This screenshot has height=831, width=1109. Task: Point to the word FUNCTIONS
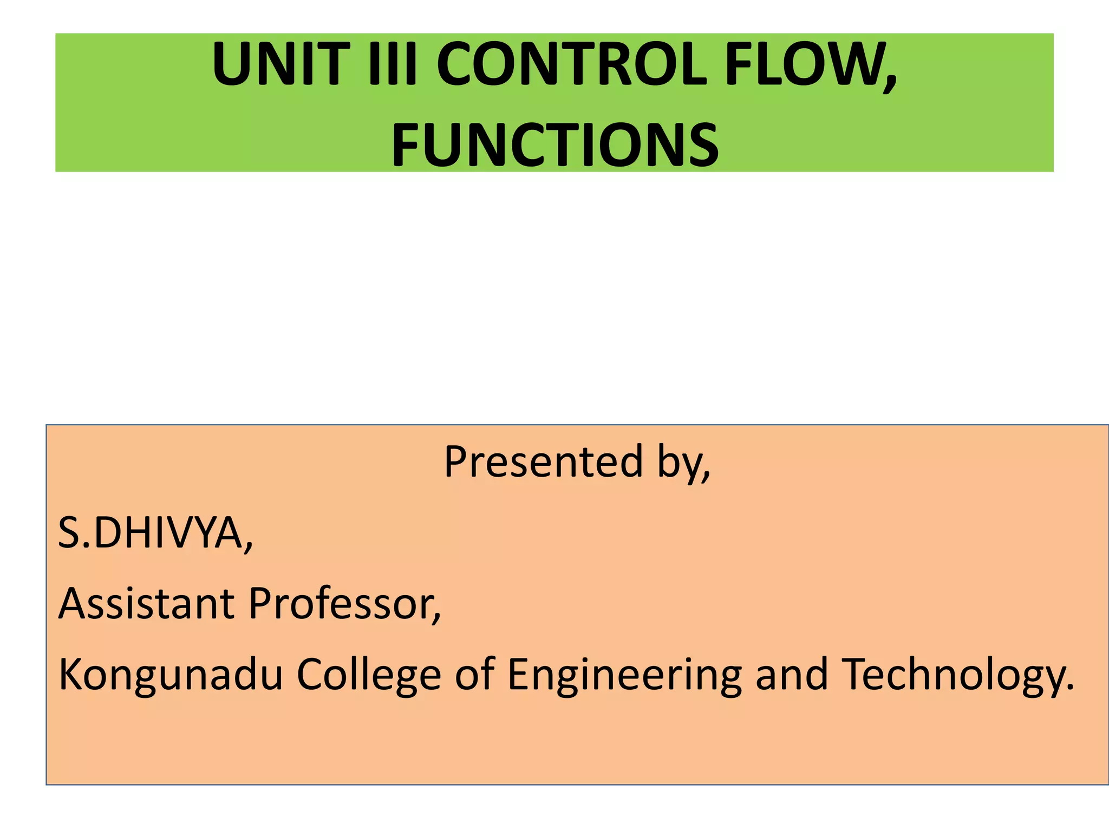(x=554, y=145)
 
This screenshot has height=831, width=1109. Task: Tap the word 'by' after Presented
(x=679, y=463)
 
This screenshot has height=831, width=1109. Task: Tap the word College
(x=368, y=675)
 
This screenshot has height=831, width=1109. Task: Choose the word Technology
(x=951, y=675)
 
